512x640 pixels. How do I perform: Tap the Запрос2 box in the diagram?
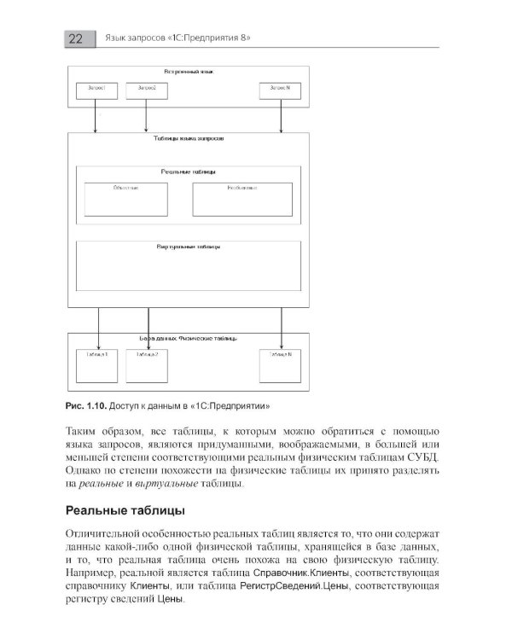(146, 90)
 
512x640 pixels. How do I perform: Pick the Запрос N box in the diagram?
(281, 90)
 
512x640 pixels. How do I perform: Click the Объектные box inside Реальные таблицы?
(125, 198)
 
